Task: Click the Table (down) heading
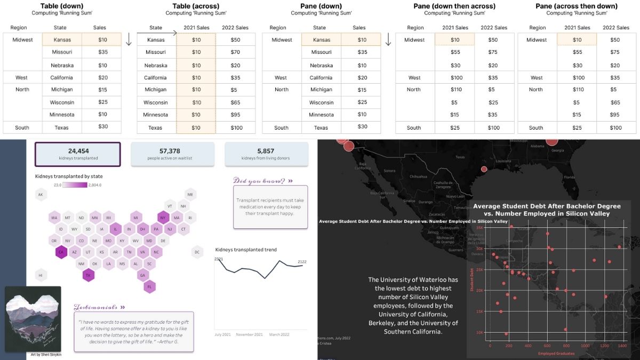[62, 6]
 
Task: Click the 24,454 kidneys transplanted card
[78, 154]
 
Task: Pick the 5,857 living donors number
[265, 151]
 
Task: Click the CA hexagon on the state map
[61, 252]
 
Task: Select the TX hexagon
[88, 275]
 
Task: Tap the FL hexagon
[149, 286]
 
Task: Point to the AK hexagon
[41, 195]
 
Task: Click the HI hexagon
[41, 275]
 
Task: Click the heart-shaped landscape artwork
[33, 318]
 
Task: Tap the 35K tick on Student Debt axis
[479, 227]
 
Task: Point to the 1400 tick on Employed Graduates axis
[622, 346]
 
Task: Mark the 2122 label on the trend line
[302, 261]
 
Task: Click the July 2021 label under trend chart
[222, 334]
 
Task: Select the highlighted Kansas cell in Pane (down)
[322, 39]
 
